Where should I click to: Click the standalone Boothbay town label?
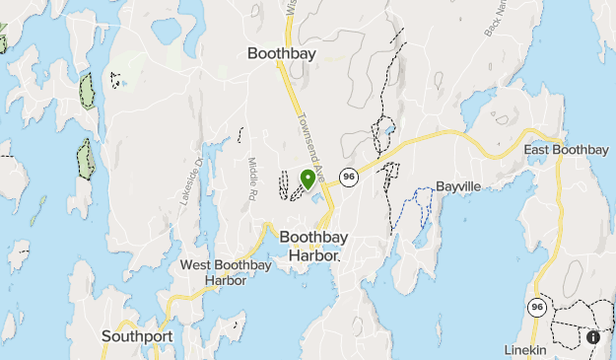pos(282,54)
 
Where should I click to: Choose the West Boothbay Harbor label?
pos(214,272)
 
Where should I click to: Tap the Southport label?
pos(137,336)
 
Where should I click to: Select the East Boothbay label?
pos(566,150)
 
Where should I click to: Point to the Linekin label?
pos(525,351)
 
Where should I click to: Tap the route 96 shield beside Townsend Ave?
pos(348,177)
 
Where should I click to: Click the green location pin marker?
pos(308,179)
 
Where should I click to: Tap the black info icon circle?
pos(593,337)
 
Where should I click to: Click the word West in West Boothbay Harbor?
pos(196,265)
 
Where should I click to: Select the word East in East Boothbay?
pos(540,150)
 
